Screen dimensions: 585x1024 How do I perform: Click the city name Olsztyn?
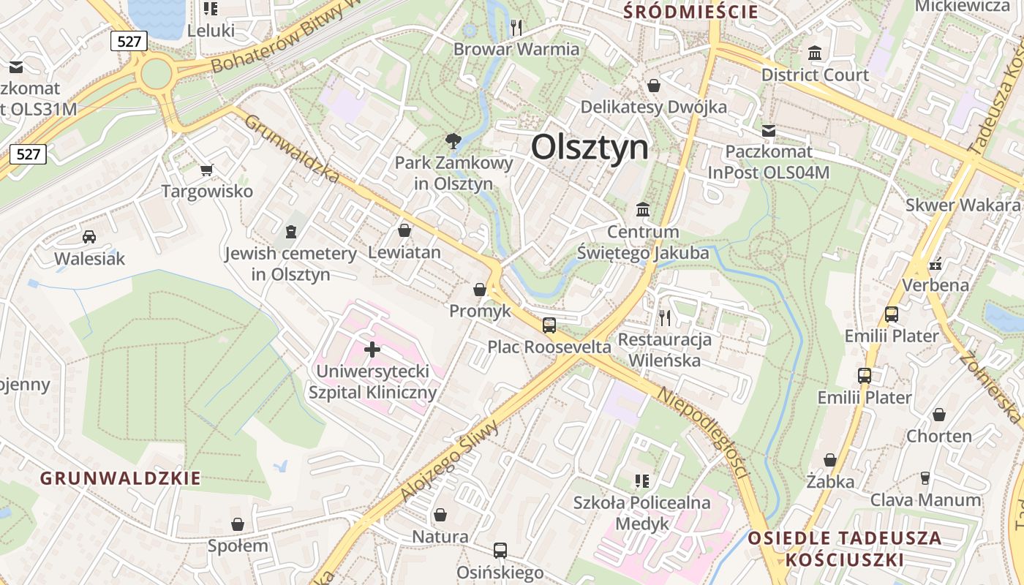click(590, 148)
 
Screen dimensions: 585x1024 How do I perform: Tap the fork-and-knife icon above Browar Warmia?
click(516, 28)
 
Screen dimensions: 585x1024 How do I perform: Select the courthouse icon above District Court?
click(815, 53)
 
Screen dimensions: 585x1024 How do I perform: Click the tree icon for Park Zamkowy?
click(453, 140)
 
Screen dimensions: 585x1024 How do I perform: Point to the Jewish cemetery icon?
click(291, 232)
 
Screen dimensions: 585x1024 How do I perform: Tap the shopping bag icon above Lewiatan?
click(404, 231)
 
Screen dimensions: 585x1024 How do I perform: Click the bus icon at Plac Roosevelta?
click(549, 325)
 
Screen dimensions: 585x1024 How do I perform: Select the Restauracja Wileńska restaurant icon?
click(664, 317)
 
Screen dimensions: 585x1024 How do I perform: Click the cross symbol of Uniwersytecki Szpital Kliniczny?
click(372, 350)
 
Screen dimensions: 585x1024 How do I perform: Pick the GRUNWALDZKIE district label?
click(121, 479)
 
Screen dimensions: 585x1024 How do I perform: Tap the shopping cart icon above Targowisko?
click(206, 170)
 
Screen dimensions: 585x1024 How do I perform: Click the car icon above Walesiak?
click(89, 237)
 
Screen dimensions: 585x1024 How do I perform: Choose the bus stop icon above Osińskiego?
click(500, 551)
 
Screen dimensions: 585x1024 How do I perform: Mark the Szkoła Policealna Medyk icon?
click(642, 480)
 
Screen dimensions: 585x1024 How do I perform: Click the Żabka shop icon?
click(830, 460)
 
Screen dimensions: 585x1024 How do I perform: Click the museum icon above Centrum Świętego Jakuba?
click(643, 210)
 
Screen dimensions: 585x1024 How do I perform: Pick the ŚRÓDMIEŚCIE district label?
click(690, 12)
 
